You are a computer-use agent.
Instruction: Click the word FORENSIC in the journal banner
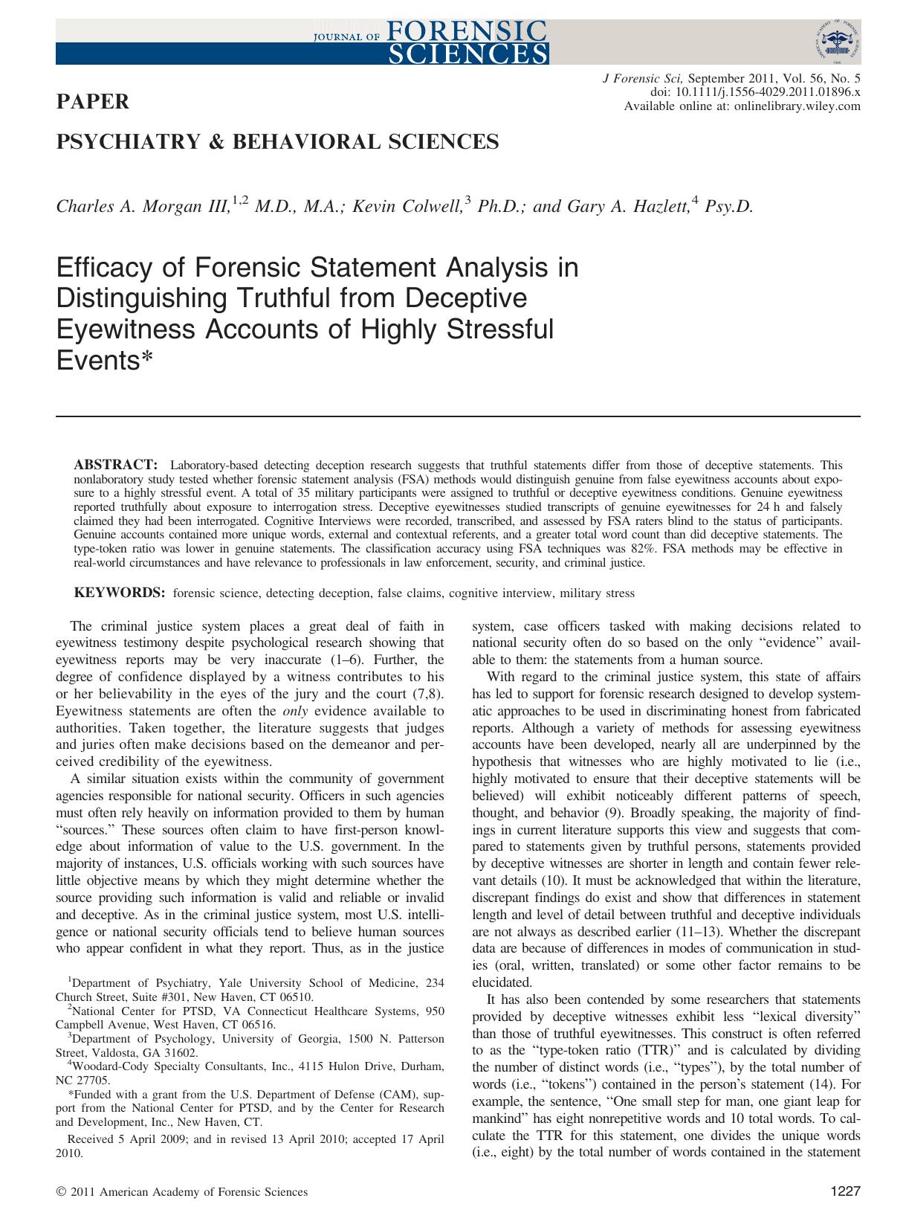(465, 30)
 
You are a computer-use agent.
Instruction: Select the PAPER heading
(93, 102)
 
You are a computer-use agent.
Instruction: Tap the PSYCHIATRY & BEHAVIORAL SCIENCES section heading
(278, 141)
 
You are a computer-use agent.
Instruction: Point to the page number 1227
(844, 1191)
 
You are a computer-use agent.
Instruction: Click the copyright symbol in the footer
(61, 1192)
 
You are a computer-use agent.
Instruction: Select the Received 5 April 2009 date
(138, 1139)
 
